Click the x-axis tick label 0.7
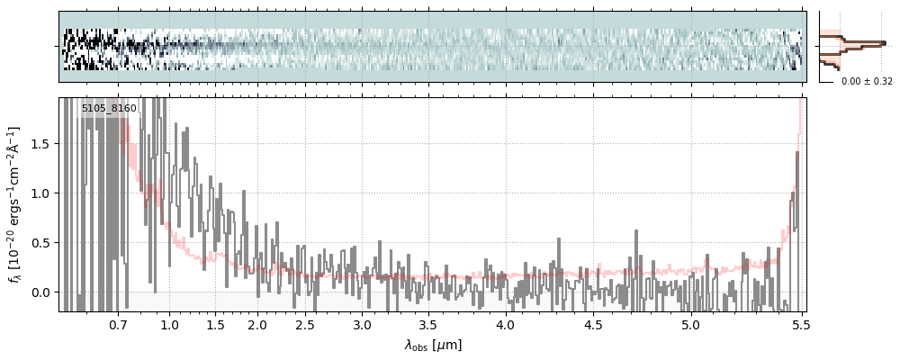[118, 325]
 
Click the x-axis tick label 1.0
[169, 325]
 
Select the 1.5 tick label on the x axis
[215, 325]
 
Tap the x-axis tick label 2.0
[257, 325]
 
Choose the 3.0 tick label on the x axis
[362, 325]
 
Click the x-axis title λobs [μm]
[433, 345]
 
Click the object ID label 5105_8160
[109, 109]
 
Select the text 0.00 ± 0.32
[867, 82]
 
